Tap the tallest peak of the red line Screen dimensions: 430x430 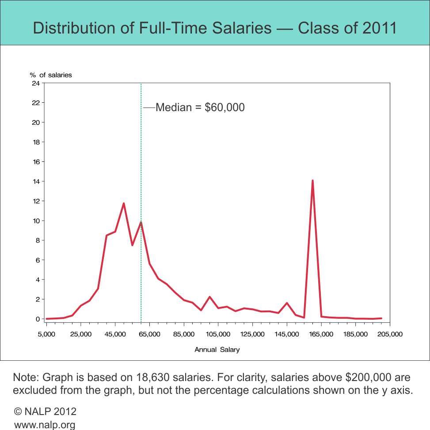click(312, 181)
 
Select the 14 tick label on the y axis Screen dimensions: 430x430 click(36, 181)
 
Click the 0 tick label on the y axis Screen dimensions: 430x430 click(38, 319)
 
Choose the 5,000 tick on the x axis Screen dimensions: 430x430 click(46, 334)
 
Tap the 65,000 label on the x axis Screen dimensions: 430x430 click(149, 334)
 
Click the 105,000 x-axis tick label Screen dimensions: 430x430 click(218, 334)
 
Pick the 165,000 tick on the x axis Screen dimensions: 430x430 click(321, 334)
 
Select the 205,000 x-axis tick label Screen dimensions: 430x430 click(390, 334)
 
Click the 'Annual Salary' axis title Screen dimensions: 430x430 click(217, 350)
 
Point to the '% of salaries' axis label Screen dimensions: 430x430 click(51, 75)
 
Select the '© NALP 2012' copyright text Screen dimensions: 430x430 click(46, 411)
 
